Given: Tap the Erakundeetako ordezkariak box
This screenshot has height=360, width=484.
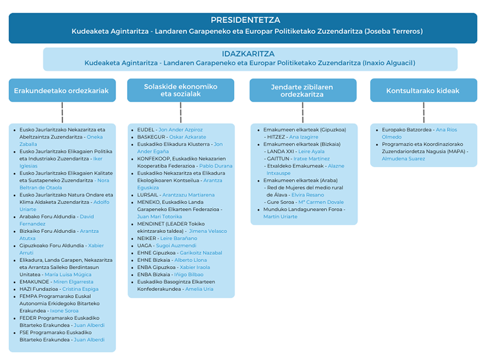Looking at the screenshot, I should pos(62,91).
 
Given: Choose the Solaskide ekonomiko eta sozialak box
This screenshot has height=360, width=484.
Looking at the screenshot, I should pos(180,90).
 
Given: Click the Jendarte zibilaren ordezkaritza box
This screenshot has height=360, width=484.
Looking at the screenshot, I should pos(302,90).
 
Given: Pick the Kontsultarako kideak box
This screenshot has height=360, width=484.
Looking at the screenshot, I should pos(423,91).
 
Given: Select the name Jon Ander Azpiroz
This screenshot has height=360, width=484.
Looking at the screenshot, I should pos(180,129).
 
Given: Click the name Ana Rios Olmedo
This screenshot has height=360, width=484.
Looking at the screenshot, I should pos(446,129).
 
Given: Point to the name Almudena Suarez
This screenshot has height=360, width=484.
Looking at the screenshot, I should pos(403,159).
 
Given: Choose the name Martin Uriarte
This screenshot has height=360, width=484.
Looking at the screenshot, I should pos(280,217).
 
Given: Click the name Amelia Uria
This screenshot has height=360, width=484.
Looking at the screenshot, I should pos(199,289).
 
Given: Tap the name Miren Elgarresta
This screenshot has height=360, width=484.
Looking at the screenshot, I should pos(73,282).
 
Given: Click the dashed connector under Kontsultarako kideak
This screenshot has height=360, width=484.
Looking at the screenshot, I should pos(423,113).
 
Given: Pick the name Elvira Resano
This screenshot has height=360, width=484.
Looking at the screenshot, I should pos(307,195).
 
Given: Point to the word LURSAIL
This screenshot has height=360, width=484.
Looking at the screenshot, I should pos(148,195).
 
